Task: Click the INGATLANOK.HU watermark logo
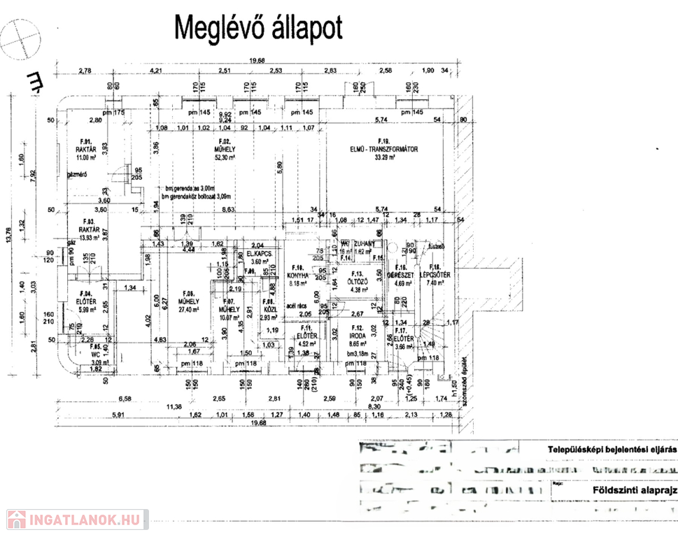pos(74,520)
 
